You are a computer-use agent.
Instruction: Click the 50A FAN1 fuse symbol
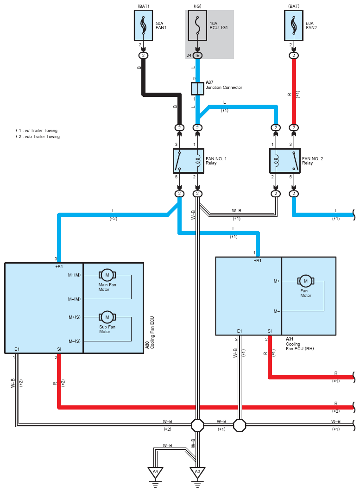pos(144,25)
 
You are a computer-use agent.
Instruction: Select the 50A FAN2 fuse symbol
pos(294,25)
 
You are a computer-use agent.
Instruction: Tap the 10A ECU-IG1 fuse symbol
pos(197,25)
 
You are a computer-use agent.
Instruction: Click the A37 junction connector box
pos(198,88)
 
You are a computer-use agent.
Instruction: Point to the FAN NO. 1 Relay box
pos(188,161)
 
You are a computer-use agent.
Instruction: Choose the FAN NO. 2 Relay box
pos(284,161)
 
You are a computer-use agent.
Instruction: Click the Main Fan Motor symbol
pos(107,275)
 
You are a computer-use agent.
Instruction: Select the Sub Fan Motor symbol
pos(107,317)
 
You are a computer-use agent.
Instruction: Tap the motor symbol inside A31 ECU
pos(306,281)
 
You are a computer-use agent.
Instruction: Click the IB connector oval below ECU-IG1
pos(197,56)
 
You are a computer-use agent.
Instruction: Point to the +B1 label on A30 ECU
pos(59,267)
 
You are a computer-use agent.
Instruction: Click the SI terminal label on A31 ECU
pos(270,331)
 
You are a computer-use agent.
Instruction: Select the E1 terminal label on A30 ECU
pos(17,349)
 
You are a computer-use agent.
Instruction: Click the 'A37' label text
pos(210,82)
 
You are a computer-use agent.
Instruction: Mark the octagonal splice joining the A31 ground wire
pos(240,425)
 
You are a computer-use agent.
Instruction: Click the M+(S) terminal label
pos(75,317)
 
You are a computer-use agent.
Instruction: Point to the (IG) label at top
pos(197,6)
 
